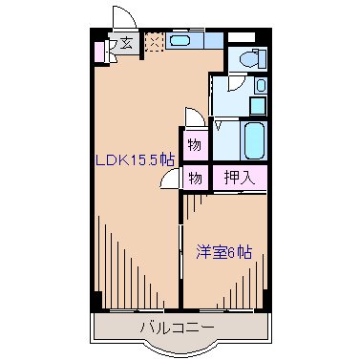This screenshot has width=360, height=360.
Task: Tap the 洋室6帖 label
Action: pos(225,252)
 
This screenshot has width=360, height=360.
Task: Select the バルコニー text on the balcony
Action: pos(177,328)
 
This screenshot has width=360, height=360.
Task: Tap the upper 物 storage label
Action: pos(194,145)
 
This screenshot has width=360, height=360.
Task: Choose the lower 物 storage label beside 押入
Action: pos(194,177)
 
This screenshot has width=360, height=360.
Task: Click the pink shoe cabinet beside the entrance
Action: pos(98,49)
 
